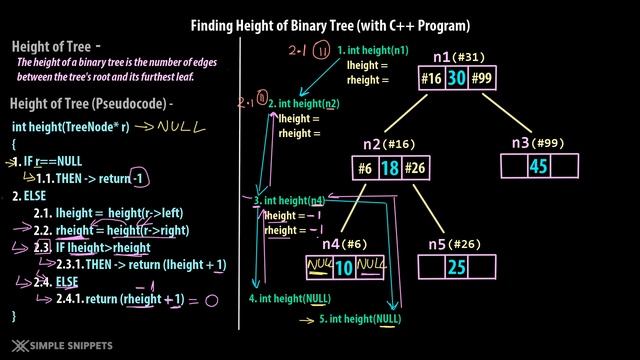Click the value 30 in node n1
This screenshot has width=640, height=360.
click(x=456, y=76)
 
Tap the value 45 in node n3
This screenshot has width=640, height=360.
click(x=538, y=166)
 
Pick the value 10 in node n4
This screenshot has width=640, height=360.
click(x=344, y=267)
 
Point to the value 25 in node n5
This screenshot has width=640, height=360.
click(x=456, y=267)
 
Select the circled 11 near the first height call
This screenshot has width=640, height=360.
click(x=322, y=51)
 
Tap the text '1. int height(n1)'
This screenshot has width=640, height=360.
click(x=373, y=50)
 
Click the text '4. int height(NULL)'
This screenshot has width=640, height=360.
click(x=289, y=298)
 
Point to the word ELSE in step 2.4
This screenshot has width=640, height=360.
click(x=69, y=281)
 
